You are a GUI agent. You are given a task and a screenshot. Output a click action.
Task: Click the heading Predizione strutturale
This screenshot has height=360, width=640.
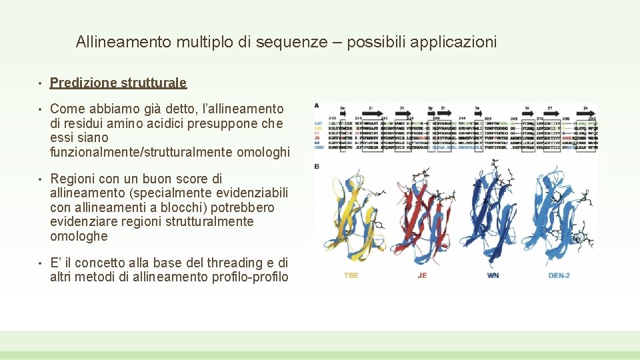point(118,83)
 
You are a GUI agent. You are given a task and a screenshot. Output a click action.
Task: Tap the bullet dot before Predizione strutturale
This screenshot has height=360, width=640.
point(41,83)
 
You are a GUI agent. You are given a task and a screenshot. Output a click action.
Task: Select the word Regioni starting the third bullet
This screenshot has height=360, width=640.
point(72,179)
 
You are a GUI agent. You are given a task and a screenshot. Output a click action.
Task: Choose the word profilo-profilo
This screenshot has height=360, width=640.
point(251,277)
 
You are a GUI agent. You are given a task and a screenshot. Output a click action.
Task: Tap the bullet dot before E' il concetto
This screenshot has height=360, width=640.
point(41,263)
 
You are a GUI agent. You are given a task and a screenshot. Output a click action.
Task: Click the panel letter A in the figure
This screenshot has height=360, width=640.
point(316,105)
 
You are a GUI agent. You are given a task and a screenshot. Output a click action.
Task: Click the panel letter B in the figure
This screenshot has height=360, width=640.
point(316,166)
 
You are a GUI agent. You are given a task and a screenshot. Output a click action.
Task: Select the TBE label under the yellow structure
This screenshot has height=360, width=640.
point(351,275)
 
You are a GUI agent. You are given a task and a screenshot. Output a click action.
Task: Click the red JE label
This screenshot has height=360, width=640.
point(422,275)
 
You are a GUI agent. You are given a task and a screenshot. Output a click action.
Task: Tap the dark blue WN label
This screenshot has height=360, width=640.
point(493,275)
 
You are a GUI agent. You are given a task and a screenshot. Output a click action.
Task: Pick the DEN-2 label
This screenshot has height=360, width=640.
point(559,275)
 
